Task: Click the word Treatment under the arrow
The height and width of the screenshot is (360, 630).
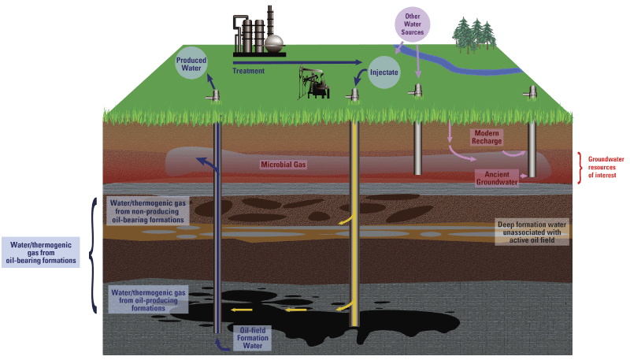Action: pos(248,71)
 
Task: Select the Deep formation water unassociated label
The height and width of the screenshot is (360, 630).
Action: pos(532,232)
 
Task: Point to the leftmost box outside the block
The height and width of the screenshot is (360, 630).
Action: pos(41,252)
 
